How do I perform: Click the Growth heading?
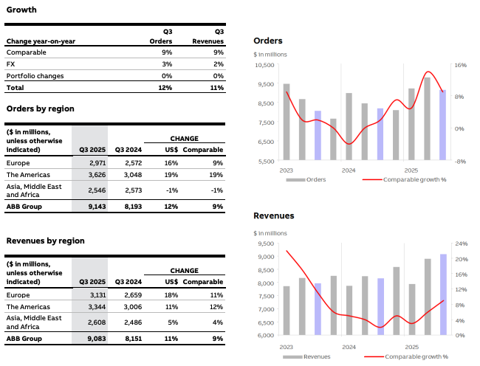[21, 10]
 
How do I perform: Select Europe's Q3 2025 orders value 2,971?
[97, 162]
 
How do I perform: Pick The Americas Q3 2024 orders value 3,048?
[127, 175]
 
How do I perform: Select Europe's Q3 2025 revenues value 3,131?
[97, 294]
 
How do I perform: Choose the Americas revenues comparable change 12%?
[216, 305]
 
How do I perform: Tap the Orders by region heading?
[40, 108]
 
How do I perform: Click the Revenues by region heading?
[45, 241]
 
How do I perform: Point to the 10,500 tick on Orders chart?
[264, 66]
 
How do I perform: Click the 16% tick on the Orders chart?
[460, 66]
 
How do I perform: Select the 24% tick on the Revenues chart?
[461, 244]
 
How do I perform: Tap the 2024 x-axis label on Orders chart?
[349, 170]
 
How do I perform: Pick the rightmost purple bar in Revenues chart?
[443, 294]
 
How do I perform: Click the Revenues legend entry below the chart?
[314, 356]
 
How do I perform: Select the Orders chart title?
[267, 41]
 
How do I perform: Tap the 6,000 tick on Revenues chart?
[265, 336]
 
